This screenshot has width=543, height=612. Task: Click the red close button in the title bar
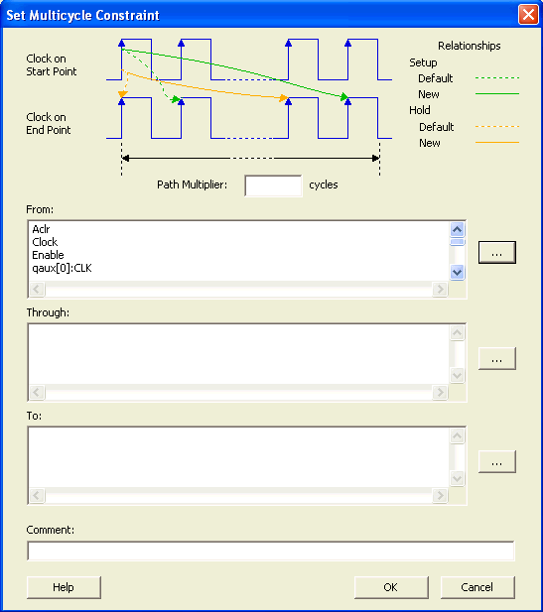(528, 15)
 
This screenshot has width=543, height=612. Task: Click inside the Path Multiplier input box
(273, 185)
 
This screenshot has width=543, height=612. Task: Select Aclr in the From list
(41, 229)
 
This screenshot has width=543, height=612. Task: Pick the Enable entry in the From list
(48, 255)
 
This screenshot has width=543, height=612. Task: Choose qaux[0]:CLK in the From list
(62, 268)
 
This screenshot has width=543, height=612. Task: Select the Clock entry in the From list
(45, 242)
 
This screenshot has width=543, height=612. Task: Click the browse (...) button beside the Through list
(497, 358)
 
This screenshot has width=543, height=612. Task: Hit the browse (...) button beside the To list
(497, 462)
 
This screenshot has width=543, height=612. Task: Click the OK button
(391, 587)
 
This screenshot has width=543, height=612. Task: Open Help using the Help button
(64, 587)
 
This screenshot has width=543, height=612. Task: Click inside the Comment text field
(271, 551)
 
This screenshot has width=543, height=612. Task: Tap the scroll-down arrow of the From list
(457, 272)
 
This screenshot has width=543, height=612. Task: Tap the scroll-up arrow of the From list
(457, 229)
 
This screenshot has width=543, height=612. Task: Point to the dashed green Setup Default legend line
(497, 78)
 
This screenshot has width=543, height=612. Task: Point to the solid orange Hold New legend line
(497, 143)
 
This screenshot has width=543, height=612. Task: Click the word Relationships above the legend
(470, 46)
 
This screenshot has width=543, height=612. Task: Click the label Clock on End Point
(49, 123)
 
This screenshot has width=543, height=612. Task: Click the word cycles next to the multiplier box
(324, 185)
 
